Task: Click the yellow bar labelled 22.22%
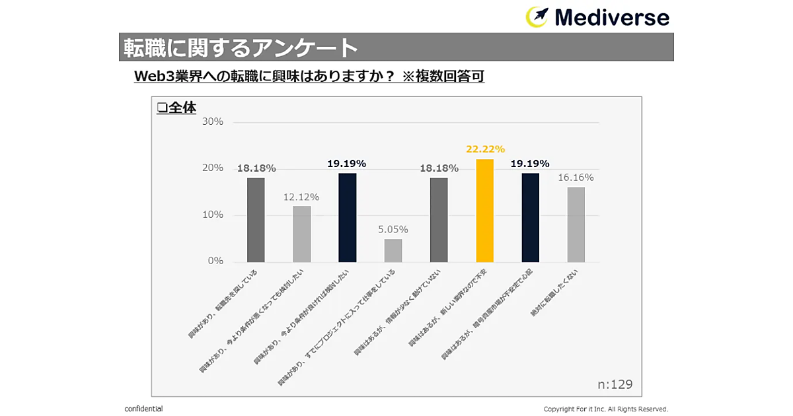(x=484, y=211)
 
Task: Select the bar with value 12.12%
(x=301, y=234)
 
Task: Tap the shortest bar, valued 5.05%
(x=393, y=250)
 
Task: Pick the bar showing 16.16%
(x=576, y=225)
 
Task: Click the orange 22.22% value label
(x=485, y=149)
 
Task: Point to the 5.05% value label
(x=393, y=229)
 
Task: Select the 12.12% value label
(x=301, y=197)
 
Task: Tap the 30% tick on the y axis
(x=213, y=122)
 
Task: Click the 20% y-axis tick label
(x=213, y=168)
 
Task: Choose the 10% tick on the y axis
(x=213, y=215)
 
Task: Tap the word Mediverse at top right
(x=612, y=17)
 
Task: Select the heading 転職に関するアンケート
(x=241, y=48)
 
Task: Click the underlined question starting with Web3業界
(x=309, y=77)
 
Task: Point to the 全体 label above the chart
(x=176, y=108)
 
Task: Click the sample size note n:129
(x=615, y=384)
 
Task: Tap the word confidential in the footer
(x=143, y=409)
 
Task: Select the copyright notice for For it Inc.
(x=605, y=409)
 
